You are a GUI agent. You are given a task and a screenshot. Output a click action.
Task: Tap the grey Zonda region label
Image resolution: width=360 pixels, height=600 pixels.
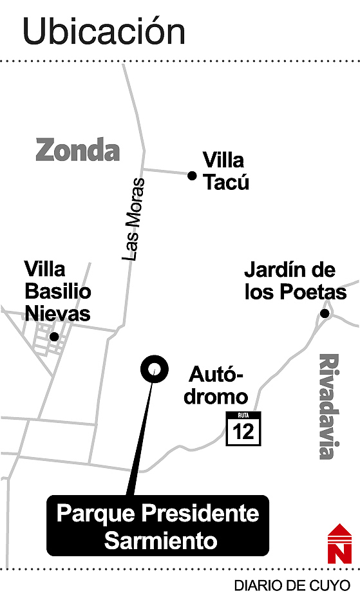pos(78,150)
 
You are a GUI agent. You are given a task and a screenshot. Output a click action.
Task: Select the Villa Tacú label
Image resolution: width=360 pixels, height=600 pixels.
pos(225,171)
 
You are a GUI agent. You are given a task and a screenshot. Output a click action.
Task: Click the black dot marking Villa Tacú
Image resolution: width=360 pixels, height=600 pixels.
pos(191,175)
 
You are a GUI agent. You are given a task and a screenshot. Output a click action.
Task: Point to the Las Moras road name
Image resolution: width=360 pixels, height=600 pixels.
pos(134,219)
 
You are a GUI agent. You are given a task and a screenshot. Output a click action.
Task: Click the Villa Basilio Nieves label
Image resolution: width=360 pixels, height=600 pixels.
pos(58,292)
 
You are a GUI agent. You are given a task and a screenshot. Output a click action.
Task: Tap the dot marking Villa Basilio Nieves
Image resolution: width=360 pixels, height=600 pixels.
pos(54,336)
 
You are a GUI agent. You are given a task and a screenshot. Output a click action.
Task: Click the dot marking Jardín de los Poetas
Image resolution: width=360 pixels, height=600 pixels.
pos(325,314)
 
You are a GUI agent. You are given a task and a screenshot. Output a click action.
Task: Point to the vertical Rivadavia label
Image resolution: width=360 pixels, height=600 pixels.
pos(328,406)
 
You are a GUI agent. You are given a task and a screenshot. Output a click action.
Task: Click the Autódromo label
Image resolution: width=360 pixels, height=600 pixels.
pos(216,386)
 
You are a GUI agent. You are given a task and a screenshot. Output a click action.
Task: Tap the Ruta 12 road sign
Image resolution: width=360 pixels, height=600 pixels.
pos(244,428)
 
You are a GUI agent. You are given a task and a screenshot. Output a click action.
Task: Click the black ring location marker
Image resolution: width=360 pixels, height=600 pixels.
pos(154,369)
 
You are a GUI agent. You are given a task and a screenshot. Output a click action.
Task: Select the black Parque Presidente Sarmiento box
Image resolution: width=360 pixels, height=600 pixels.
pos(157,525)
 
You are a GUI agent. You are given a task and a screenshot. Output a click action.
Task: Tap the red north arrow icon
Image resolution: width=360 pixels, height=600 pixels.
pos(339,543)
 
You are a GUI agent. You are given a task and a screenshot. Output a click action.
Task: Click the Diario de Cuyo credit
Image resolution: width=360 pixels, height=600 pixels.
pos(292,586)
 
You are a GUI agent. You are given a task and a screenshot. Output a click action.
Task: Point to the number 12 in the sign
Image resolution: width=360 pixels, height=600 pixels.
pos(244,432)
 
